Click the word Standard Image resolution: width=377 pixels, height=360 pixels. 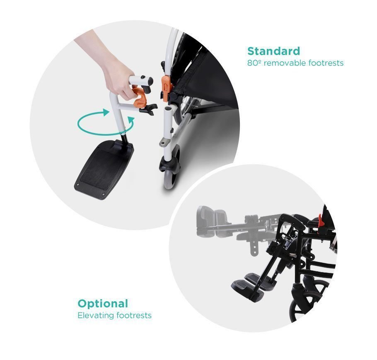(273, 51)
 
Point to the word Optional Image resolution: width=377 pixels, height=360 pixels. (103, 304)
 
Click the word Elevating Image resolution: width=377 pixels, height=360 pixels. (95, 315)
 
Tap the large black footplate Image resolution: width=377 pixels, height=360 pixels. (104, 170)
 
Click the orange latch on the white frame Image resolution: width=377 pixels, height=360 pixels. (166, 89)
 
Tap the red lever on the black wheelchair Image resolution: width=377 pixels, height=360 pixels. (321, 221)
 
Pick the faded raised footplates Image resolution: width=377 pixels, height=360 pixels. (212, 221)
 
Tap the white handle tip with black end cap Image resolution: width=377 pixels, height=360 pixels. (142, 80)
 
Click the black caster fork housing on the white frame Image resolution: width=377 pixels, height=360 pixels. (169, 166)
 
